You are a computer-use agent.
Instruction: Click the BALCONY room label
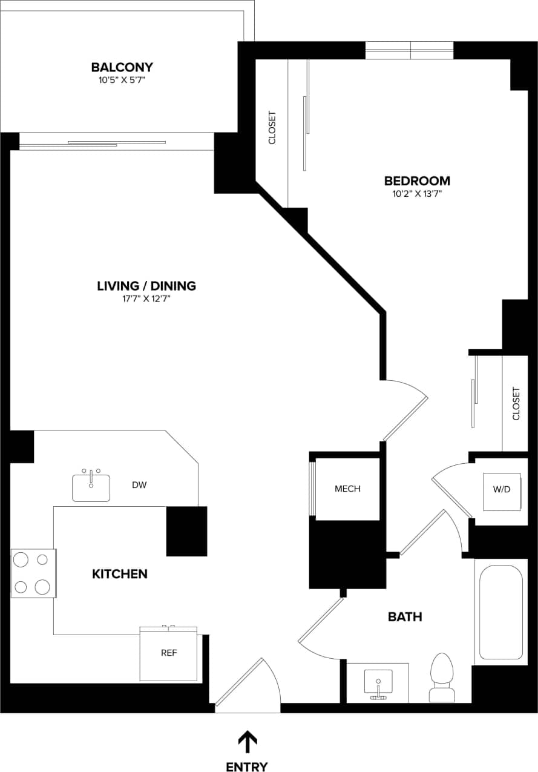pyautogui.click(x=122, y=67)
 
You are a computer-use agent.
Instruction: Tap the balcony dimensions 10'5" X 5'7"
pyautogui.click(x=122, y=79)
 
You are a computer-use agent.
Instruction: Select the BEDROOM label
pyautogui.click(x=417, y=180)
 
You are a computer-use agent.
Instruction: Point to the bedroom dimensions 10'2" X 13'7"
pyautogui.click(x=417, y=194)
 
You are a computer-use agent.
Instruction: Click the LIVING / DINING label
pyautogui.click(x=146, y=286)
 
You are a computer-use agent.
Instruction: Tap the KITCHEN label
pyautogui.click(x=119, y=573)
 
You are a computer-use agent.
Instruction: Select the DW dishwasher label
pyautogui.click(x=139, y=485)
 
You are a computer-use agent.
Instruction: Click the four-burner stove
pyautogui.click(x=33, y=573)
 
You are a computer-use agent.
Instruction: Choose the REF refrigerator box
pyautogui.click(x=169, y=654)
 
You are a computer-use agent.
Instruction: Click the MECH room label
pyautogui.click(x=347, y=489)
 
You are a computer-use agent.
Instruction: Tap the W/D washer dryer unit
pyautogui.click(x=502, y=490)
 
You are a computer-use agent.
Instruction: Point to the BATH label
pyautogui.click(x=405, y=617)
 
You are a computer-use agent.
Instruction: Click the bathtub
pyautogui.click(x=500, y=612)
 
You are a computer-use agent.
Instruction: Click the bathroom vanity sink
pyautogui.click(x=378, y=683)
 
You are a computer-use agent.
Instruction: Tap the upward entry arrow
pyautogui.click(x=247, y=741)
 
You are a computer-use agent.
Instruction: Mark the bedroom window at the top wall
pyautogui.click(x=410, y=50)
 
